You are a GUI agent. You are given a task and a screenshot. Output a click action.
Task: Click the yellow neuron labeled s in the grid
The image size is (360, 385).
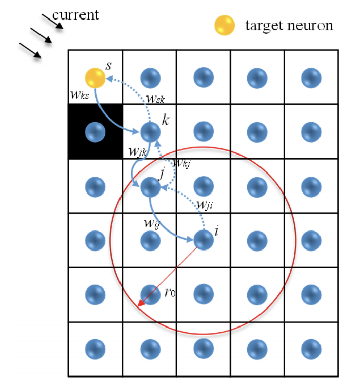tap(95, 78)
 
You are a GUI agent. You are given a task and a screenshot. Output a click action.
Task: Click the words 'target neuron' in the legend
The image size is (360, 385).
tap(289, 25)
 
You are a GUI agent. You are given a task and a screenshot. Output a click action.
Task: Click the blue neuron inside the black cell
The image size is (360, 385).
tap(95, 132)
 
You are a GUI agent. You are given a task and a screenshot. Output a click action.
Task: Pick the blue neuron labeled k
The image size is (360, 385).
tap(149, 132)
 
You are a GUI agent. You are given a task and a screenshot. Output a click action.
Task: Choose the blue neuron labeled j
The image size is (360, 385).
tap(149, 186)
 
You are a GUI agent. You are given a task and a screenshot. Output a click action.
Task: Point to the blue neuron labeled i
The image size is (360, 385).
tap(203, 240)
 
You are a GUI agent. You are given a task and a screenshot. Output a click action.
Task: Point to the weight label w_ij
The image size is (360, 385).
tap(154, 223)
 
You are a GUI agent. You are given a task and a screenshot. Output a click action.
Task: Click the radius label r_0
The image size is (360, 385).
tap(170, 293)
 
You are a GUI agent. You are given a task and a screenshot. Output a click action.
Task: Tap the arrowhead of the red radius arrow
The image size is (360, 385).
tap(141, 306)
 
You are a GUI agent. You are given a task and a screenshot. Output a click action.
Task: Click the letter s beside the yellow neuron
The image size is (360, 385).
tap(108, 66)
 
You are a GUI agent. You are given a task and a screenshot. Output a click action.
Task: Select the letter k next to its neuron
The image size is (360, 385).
tap(166, 121)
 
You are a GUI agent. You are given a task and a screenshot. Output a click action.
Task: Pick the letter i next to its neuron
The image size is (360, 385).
tap(217, 232)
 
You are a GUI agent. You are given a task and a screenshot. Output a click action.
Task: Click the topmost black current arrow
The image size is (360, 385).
tap(52, 22)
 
